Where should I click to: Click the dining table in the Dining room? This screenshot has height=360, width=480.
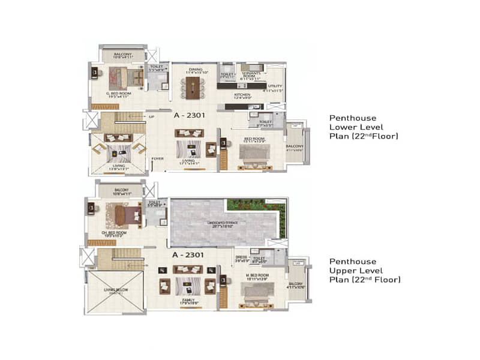[193, 88]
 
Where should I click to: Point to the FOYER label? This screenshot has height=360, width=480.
[157, 159]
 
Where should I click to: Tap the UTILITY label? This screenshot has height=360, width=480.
[275, 87]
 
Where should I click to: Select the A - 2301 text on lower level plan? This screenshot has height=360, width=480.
[191, 114]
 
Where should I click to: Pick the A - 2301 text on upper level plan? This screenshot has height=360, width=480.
[188, 255]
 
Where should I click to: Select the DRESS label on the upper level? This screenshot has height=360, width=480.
[241, 259]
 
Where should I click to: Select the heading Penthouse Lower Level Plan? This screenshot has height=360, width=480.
[363, 127]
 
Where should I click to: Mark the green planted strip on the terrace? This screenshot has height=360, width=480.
[256, 205]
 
